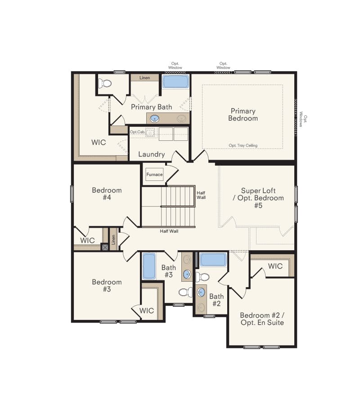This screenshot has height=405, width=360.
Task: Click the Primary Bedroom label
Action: point(243,114)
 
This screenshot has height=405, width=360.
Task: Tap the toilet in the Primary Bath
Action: point(106,83)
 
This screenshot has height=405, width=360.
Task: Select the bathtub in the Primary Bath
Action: point(176,81)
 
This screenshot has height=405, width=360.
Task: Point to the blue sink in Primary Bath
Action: point(154,119)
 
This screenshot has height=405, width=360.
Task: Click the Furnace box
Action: point(154,175)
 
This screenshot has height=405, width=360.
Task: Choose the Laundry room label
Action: point(151,154)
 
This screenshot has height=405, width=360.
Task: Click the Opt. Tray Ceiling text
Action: point(243,145)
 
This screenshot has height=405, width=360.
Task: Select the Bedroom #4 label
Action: point(107,194)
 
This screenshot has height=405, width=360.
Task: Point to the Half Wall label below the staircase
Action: point(169,231)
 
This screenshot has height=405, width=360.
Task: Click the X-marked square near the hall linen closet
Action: point(105,247)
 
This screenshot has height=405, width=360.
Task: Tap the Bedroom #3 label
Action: point(107,286)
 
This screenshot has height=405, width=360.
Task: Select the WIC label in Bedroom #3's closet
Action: point(147,310)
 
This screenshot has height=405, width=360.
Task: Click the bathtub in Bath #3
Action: point(149,266)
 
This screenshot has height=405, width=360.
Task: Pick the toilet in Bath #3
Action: point(185,292)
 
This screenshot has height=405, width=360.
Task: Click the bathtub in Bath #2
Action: point(213,260)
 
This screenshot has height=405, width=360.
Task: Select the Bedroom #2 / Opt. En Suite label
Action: point(261,319)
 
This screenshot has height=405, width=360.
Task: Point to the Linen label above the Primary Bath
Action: point(144,78)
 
